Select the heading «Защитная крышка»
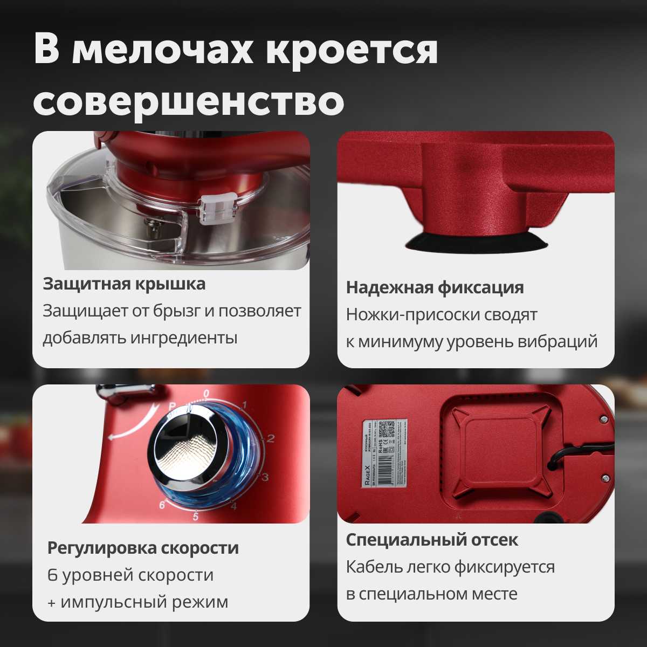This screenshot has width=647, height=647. tap(124, 284)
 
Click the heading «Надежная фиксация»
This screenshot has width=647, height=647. tap(435, 287)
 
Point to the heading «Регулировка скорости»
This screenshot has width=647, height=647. tap(143, 548)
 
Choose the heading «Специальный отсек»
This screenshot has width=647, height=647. tap(432, 540)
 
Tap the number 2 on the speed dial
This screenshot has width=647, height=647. tap(271, 438)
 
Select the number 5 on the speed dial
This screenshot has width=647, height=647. tap(196, 517)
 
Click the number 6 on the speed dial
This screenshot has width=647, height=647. tap(162, 505)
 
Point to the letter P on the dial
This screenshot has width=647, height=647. tap(173, 405)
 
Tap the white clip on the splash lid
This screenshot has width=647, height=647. tap(216, 209)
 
